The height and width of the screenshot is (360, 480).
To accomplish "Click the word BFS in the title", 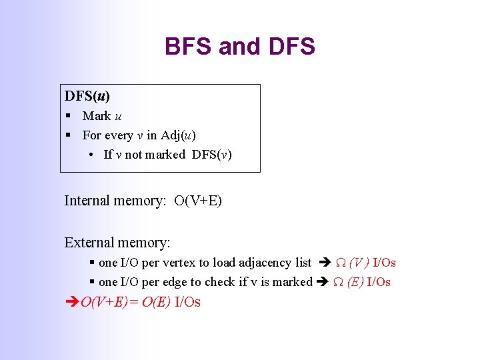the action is (x=188, y=47).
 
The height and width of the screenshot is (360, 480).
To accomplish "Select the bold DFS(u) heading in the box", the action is (x=87, y=96).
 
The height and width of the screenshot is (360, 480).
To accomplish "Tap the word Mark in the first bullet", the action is (x=97, y=116).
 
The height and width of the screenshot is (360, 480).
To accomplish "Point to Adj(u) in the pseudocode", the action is (x=178, y=135).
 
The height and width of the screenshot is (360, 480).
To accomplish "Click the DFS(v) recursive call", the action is (x=212, y=155).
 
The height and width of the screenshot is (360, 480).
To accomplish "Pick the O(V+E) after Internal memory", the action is (x=198, y=201).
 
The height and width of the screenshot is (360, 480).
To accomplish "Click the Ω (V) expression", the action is (x=351, y=263).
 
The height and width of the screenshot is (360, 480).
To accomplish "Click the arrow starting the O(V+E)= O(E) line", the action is (x=71, y=303).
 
